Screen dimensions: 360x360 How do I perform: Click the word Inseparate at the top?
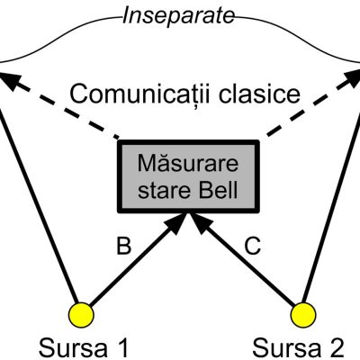pos(178,15)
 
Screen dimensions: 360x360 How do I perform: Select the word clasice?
pos(259,94)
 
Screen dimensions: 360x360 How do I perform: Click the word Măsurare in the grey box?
pos(188,163)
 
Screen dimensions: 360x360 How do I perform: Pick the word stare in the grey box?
pos(165,190)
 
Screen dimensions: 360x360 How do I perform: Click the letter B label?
pos(123,246)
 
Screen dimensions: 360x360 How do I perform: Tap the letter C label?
pos(252,246)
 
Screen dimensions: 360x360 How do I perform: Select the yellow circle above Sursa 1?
pos(81,315)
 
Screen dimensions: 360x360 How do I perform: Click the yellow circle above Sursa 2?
pos(303,315)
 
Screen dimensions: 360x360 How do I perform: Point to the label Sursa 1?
pos(84,348)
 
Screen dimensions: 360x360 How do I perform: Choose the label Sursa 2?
pos(298,348)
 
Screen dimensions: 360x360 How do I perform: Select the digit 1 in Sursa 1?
pos(122,348)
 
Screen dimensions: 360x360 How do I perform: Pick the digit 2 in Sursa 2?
pos(336,348)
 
